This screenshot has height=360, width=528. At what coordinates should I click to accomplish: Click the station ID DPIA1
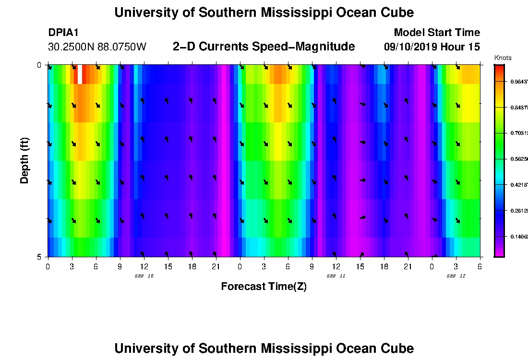[63, 33]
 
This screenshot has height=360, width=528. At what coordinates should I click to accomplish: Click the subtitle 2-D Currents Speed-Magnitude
[264, 47]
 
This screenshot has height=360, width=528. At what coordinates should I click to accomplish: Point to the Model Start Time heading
[436, 33]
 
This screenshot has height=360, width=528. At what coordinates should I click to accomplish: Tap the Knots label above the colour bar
[503, 58]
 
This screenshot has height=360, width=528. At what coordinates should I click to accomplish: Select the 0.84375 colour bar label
[519, 108]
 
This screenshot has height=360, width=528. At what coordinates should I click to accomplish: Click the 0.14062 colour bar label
[519, 237]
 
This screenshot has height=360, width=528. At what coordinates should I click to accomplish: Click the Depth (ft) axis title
[25, 160]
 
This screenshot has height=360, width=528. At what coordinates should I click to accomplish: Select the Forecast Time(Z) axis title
[264, 287]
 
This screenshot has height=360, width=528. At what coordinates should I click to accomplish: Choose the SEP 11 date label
[336, 276]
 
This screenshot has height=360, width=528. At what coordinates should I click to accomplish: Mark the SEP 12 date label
[456, 276]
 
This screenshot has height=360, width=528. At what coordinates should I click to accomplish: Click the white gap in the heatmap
[80, 74]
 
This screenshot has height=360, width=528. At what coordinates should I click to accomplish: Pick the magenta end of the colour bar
[499, 253]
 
